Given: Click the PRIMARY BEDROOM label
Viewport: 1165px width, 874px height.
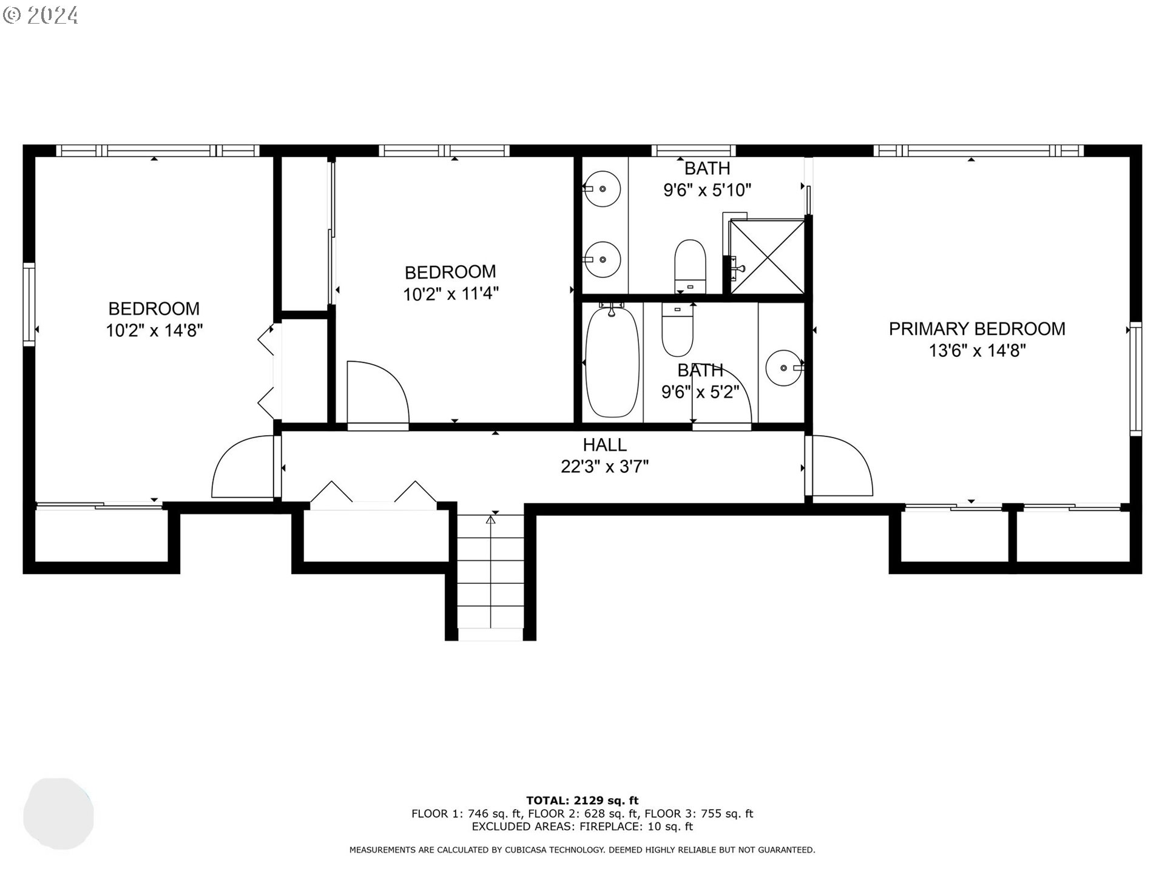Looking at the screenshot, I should click(x=976, y=329).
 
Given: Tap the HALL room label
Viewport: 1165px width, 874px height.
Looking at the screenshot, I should click(x=604, y=445).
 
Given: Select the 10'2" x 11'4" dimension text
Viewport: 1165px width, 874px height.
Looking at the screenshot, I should click(x=450, y=294).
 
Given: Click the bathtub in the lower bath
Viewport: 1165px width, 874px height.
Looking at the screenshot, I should click(x=612, y=362).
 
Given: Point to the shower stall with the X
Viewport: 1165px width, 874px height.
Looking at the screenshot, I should click(x=768, y=257).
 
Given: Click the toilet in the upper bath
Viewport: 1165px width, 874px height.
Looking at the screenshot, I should click(x=690, y=265).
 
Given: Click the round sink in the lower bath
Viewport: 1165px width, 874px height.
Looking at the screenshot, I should click(x=784, y=368).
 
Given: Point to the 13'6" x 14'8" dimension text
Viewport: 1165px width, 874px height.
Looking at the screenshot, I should click(x=976, y=351).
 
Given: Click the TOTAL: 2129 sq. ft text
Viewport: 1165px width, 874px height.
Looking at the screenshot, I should click(x=582, y=801).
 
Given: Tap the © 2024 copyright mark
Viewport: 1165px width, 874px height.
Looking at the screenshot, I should click(x=41, y=15).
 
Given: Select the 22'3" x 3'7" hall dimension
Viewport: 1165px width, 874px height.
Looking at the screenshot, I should click(x=604, y=467).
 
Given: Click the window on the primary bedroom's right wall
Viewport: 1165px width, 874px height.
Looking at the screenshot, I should click(x=1135, y=379).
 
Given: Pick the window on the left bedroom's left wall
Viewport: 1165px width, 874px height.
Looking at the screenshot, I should click(x=29, y=304).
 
